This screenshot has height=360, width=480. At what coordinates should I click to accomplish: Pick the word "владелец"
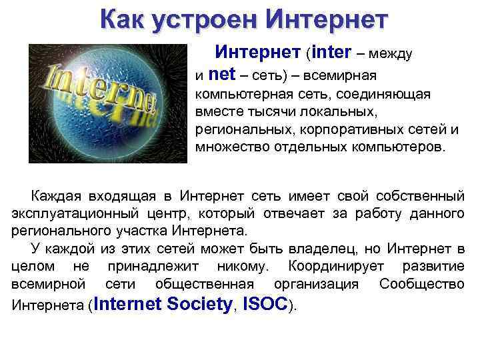[322, 249]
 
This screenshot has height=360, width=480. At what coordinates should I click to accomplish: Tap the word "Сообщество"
[421, 283]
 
